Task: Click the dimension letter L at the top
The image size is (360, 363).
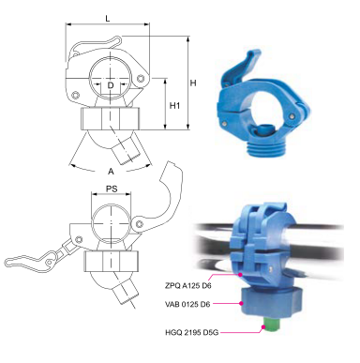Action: click(x=108, y=19)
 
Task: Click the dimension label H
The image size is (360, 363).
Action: click(x=193, y=83)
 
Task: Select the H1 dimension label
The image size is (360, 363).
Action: click(x=174, y=106)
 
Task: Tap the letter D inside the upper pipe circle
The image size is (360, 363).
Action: click(x=111, y=85)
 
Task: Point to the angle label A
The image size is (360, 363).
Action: click(x=111, y=172)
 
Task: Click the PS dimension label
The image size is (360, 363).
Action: click(x=112, y=189)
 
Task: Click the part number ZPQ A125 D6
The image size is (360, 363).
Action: click(x=187, y=285)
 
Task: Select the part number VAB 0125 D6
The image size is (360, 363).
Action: click(x=187, y=304)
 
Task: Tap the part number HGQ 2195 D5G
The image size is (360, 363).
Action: click(x=191, y=332)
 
